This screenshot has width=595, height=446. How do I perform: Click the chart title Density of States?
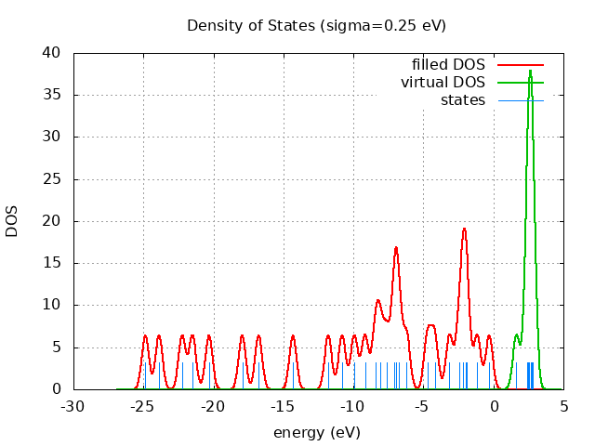316,25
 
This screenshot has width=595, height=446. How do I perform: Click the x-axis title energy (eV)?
316,432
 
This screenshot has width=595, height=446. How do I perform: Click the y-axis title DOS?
12,221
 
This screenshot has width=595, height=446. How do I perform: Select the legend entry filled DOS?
448,65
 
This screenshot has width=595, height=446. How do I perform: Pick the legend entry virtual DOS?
443,83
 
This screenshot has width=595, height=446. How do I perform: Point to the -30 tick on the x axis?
73,406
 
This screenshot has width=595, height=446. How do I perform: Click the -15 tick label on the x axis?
284,406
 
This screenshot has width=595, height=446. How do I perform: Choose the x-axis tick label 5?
563,406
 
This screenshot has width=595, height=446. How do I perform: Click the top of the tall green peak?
530,71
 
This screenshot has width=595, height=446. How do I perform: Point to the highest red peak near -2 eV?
464,229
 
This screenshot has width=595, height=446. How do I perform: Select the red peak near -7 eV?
396,247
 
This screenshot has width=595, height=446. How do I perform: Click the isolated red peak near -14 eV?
293,335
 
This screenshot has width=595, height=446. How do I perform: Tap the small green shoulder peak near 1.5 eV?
516,335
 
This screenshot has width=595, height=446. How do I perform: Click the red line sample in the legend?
520,65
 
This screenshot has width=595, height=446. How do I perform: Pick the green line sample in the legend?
520,83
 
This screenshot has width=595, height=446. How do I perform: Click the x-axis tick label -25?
143,406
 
